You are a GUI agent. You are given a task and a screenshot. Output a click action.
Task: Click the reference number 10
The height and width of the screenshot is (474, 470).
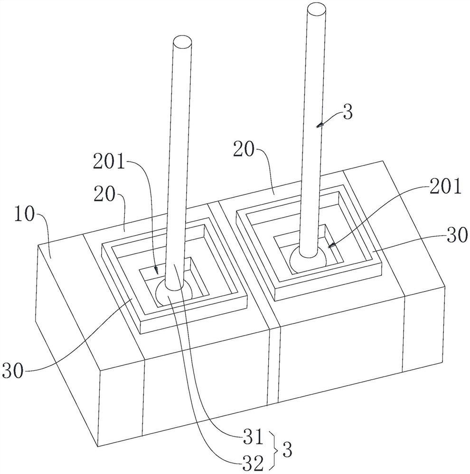25,215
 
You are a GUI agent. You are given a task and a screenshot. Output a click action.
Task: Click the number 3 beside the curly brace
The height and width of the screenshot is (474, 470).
287,450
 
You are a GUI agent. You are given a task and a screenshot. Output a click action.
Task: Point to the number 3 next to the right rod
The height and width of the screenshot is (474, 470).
348,112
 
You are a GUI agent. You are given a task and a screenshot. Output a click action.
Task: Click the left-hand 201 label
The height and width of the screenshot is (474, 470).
109,162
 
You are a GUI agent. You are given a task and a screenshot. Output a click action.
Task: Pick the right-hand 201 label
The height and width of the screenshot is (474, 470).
445,186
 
